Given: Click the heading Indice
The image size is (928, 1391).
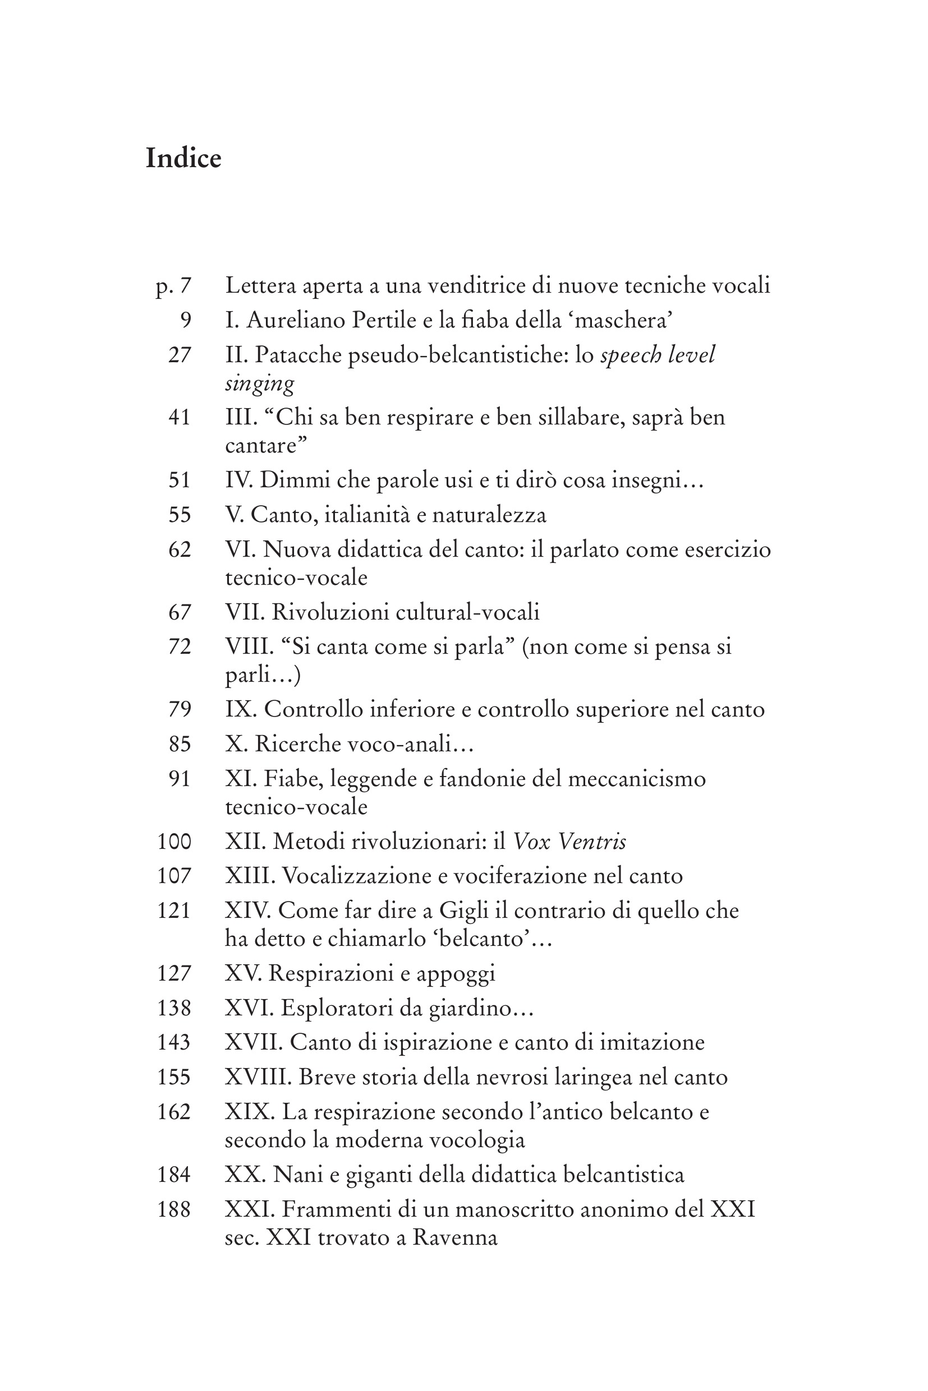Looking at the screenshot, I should (x=183, y=159).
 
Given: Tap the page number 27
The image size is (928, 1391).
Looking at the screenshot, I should (x=180, y=355).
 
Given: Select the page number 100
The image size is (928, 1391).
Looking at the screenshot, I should (x=174, y=841).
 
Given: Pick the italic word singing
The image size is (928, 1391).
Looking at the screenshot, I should (x=259, y=384).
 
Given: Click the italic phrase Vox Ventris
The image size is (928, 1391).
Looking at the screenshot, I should (x=569, y=841).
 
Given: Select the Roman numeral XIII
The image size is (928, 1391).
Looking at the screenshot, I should (x=250, y=875).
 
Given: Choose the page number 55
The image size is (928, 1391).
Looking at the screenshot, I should (x=180, y=515).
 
